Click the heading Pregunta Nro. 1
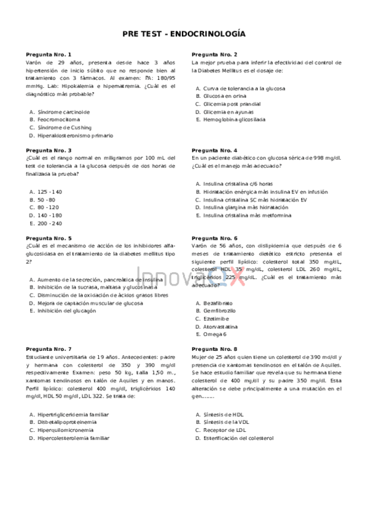click(49, 55)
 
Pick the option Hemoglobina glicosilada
click(234, 120)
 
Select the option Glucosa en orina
click(225, 96)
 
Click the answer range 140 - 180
click(50, 216)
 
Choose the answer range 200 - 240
click(50, 224)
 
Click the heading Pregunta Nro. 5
click(49, 238)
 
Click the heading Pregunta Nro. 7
click(49, 349)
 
